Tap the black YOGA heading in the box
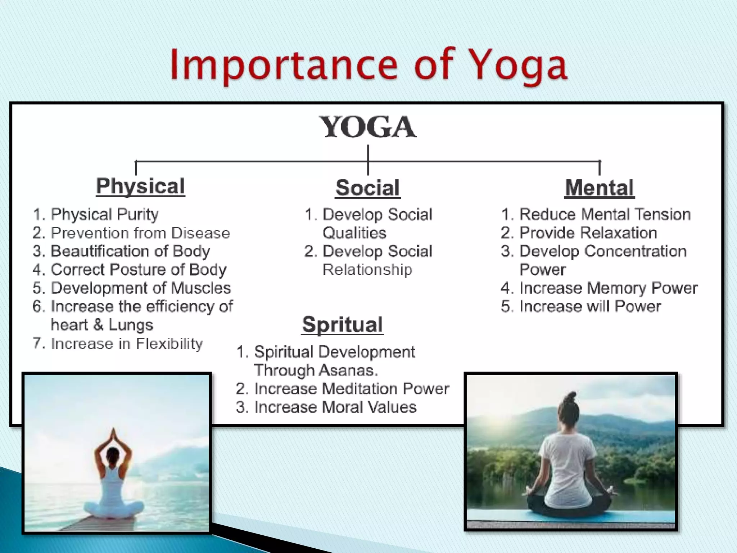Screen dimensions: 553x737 pos(368,127)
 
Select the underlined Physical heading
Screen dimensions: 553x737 pos(140,186)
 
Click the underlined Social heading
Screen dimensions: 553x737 pos(367,188)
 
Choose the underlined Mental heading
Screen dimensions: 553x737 pos(599,188)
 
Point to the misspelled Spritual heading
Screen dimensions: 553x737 pos(342,325)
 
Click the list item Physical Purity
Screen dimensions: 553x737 pos(104,215)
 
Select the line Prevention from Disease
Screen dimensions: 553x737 pos(140,233)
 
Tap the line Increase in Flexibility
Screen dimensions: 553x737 pos(127,344)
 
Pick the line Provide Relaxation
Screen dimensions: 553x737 pos(588,233)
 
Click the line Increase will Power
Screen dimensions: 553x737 pos(590,306)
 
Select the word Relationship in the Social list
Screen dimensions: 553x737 pos(367,270)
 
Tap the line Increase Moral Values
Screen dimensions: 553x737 pos(335,407)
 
